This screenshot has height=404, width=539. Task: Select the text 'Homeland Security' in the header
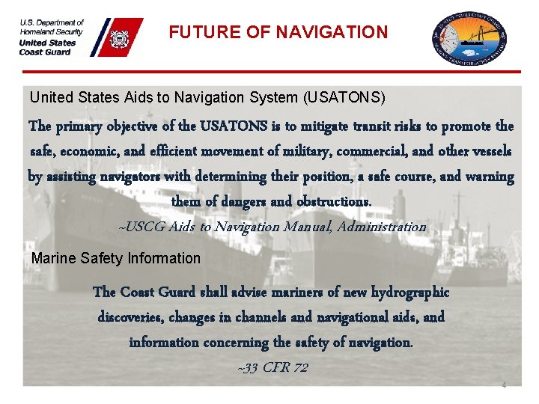tap(52, 31)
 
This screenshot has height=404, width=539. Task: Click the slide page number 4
tap(504, 385)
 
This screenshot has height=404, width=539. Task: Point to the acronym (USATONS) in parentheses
tap(344, 98)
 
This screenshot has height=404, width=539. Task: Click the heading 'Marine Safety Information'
tap(116, 259)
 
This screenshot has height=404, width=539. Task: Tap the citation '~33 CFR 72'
tap(272, 367)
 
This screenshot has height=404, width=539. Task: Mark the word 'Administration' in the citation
tap(381, 227)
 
